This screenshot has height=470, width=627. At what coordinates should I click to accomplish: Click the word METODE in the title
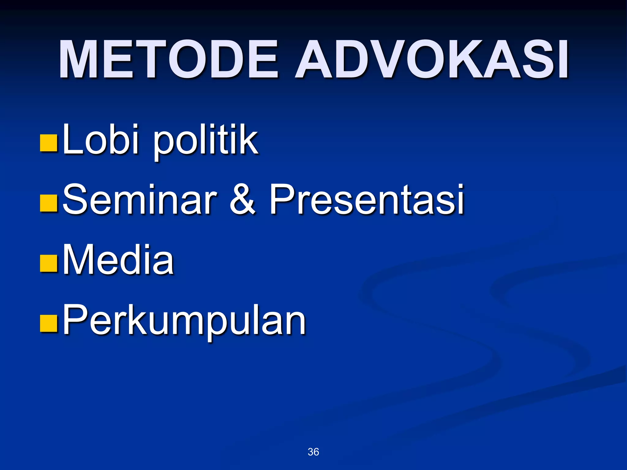[168, 60]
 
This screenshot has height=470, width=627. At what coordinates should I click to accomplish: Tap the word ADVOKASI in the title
[432, 60]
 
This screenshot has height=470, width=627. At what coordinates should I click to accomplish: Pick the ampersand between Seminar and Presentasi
[242, 199]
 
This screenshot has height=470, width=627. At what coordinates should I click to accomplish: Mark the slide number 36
[313, 452]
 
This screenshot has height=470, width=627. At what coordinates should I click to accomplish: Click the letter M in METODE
[81, 60]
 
